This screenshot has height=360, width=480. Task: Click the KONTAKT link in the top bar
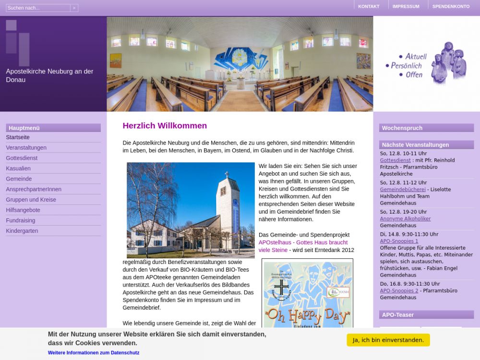point(369,6)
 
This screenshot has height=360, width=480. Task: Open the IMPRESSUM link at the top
point(406,6)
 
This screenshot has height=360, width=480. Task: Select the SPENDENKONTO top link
point(451,6)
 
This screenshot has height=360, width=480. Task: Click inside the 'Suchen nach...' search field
point(38,8)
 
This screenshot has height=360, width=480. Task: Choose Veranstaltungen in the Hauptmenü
point(26,148)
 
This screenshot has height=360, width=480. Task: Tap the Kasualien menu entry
point(18,168)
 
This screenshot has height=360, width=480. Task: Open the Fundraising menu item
point(21,220)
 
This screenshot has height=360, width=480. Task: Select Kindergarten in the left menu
point(22,231)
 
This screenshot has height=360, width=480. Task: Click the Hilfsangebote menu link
point(23,210)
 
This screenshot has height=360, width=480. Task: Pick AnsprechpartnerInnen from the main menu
point(34,189)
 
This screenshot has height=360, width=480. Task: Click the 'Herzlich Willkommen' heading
point(165,126)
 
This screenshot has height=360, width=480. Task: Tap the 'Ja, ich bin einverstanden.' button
point(388,340)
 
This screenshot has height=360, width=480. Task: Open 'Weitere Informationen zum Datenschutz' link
point(94,353)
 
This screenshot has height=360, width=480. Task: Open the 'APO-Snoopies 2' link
point(399,291)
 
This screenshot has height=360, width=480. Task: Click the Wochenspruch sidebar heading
point(402,128)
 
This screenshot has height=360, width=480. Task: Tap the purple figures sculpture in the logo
point(448,63)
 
